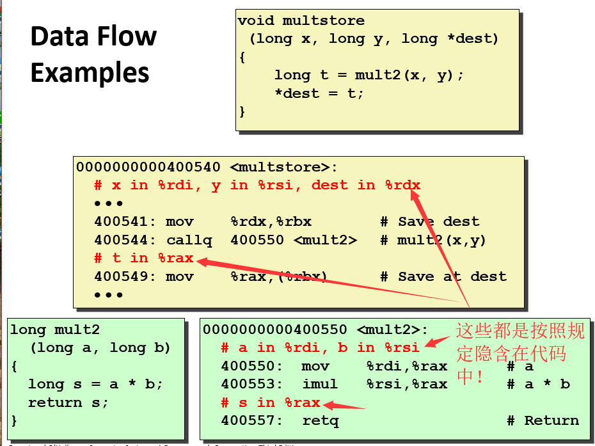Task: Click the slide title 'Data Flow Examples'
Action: point(93,55)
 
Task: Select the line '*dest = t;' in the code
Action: point(319,93)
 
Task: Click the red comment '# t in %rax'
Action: point(143,259)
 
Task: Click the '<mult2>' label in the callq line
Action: point(326,241)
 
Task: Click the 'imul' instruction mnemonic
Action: point(319,385)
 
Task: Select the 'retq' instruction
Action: point(321,421)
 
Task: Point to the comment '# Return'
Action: point(543,421)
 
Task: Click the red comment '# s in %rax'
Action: point(270,403)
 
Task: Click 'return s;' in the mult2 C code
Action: point(68,403)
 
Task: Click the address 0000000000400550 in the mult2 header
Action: point(275,330)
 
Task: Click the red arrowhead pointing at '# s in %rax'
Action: point(328,404)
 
